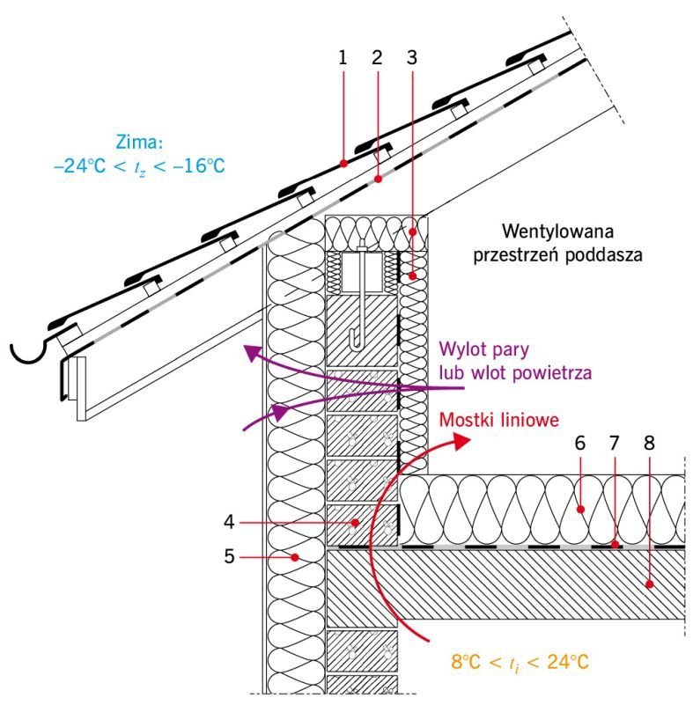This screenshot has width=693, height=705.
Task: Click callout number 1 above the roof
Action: coord(343,58)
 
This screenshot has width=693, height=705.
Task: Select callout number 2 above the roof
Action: coord(377,58)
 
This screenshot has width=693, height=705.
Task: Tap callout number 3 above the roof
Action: coord(411,58)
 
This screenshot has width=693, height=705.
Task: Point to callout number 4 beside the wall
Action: coord(229,522)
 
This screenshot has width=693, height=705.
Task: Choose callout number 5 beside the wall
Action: coord(229,556)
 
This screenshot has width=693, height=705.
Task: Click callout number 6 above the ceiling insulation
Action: coord(579,443)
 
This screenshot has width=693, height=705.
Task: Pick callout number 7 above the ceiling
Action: coord(615,443)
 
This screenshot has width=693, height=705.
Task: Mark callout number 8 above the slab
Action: coord(649,443)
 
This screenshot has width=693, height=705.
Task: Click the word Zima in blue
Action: coord(139,142)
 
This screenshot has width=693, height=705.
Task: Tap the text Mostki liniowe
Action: coord(498,420)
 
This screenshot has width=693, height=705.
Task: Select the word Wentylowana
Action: coord(557,231)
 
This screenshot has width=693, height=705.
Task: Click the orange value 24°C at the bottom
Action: coord(568,662)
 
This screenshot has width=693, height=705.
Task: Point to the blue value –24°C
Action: coord(79,166)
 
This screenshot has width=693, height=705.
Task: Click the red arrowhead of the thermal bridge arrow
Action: coord(461,441)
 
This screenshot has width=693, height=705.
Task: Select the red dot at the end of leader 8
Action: coord(649,584)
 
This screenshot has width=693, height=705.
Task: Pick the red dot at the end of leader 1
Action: coord(343,164)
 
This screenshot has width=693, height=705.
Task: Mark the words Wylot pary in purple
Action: coord(484,349)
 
